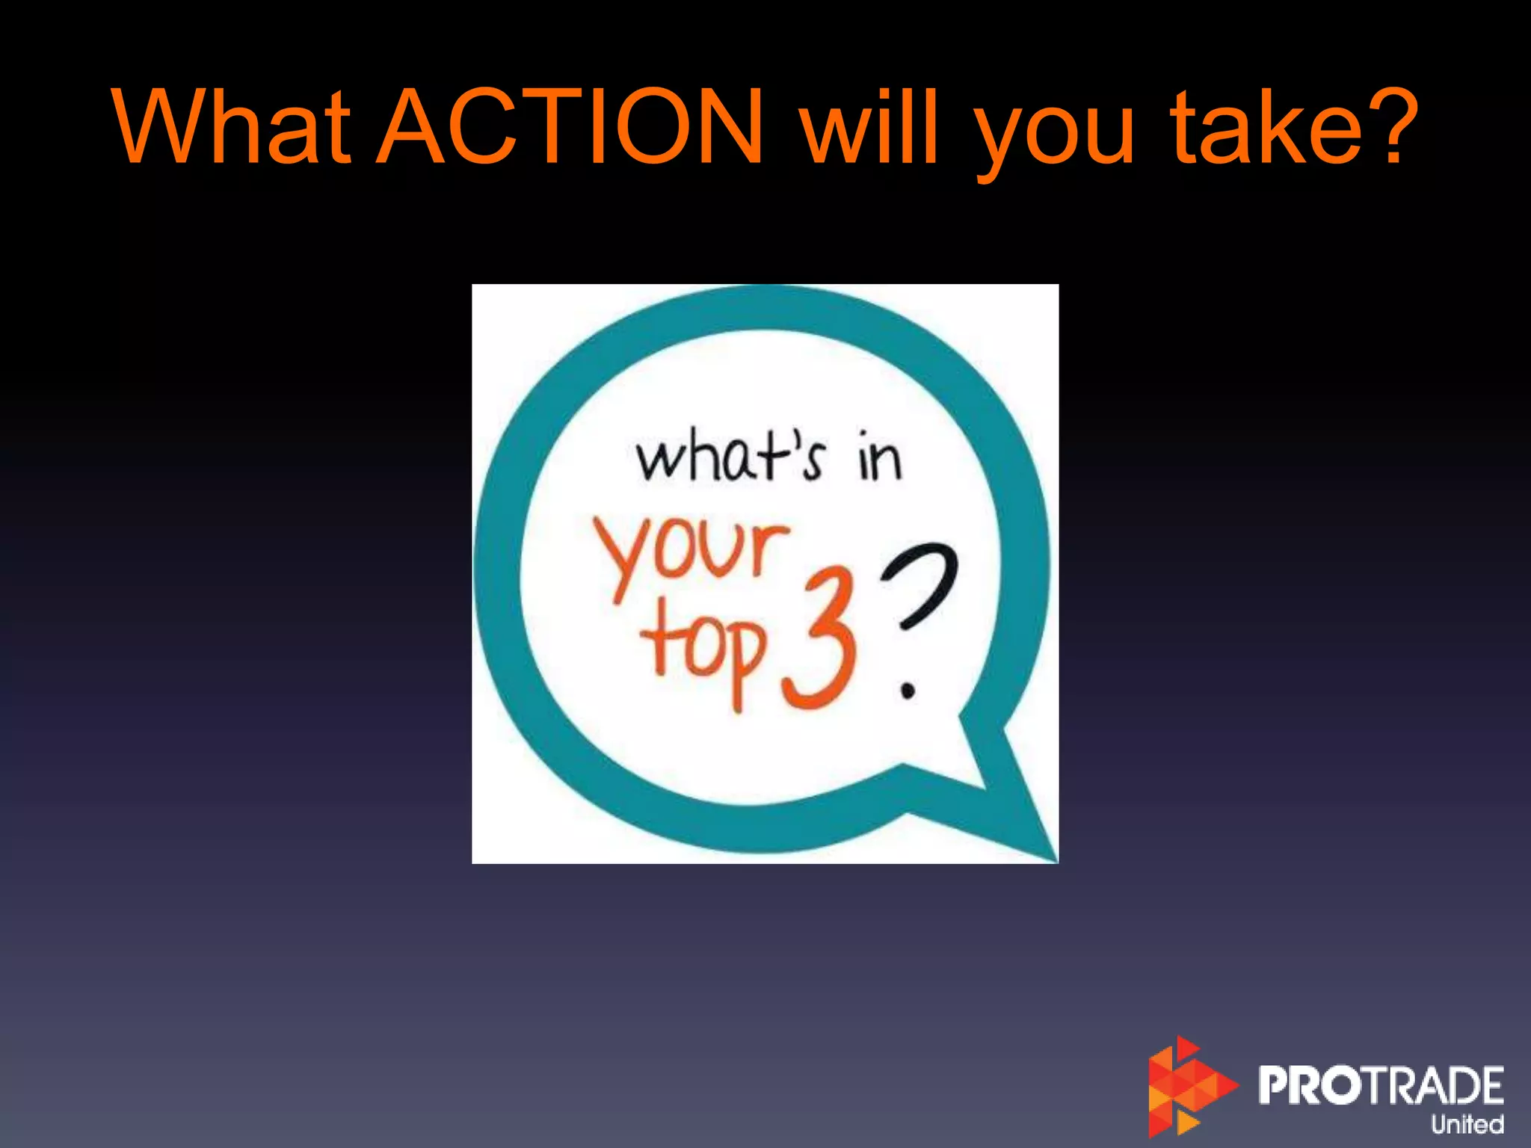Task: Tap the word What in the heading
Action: click(x=232, y=127)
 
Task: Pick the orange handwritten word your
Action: click(x=691, y=553)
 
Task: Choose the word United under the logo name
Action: click(x=1467, y=1124)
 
